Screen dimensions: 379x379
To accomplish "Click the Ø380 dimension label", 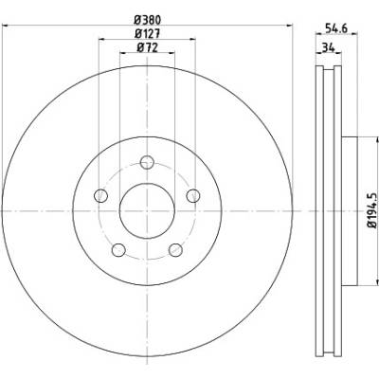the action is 148,21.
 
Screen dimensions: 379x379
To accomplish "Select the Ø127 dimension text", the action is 148,34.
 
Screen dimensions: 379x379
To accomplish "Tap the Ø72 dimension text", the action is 147,47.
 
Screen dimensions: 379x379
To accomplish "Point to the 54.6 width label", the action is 336,28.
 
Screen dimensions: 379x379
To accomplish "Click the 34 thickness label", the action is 328,48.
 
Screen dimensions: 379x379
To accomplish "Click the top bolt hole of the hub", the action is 147,163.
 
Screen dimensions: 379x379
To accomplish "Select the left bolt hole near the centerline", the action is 101,196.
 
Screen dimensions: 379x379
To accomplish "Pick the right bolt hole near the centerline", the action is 193,196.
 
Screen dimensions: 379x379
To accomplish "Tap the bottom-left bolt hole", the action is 118,250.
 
